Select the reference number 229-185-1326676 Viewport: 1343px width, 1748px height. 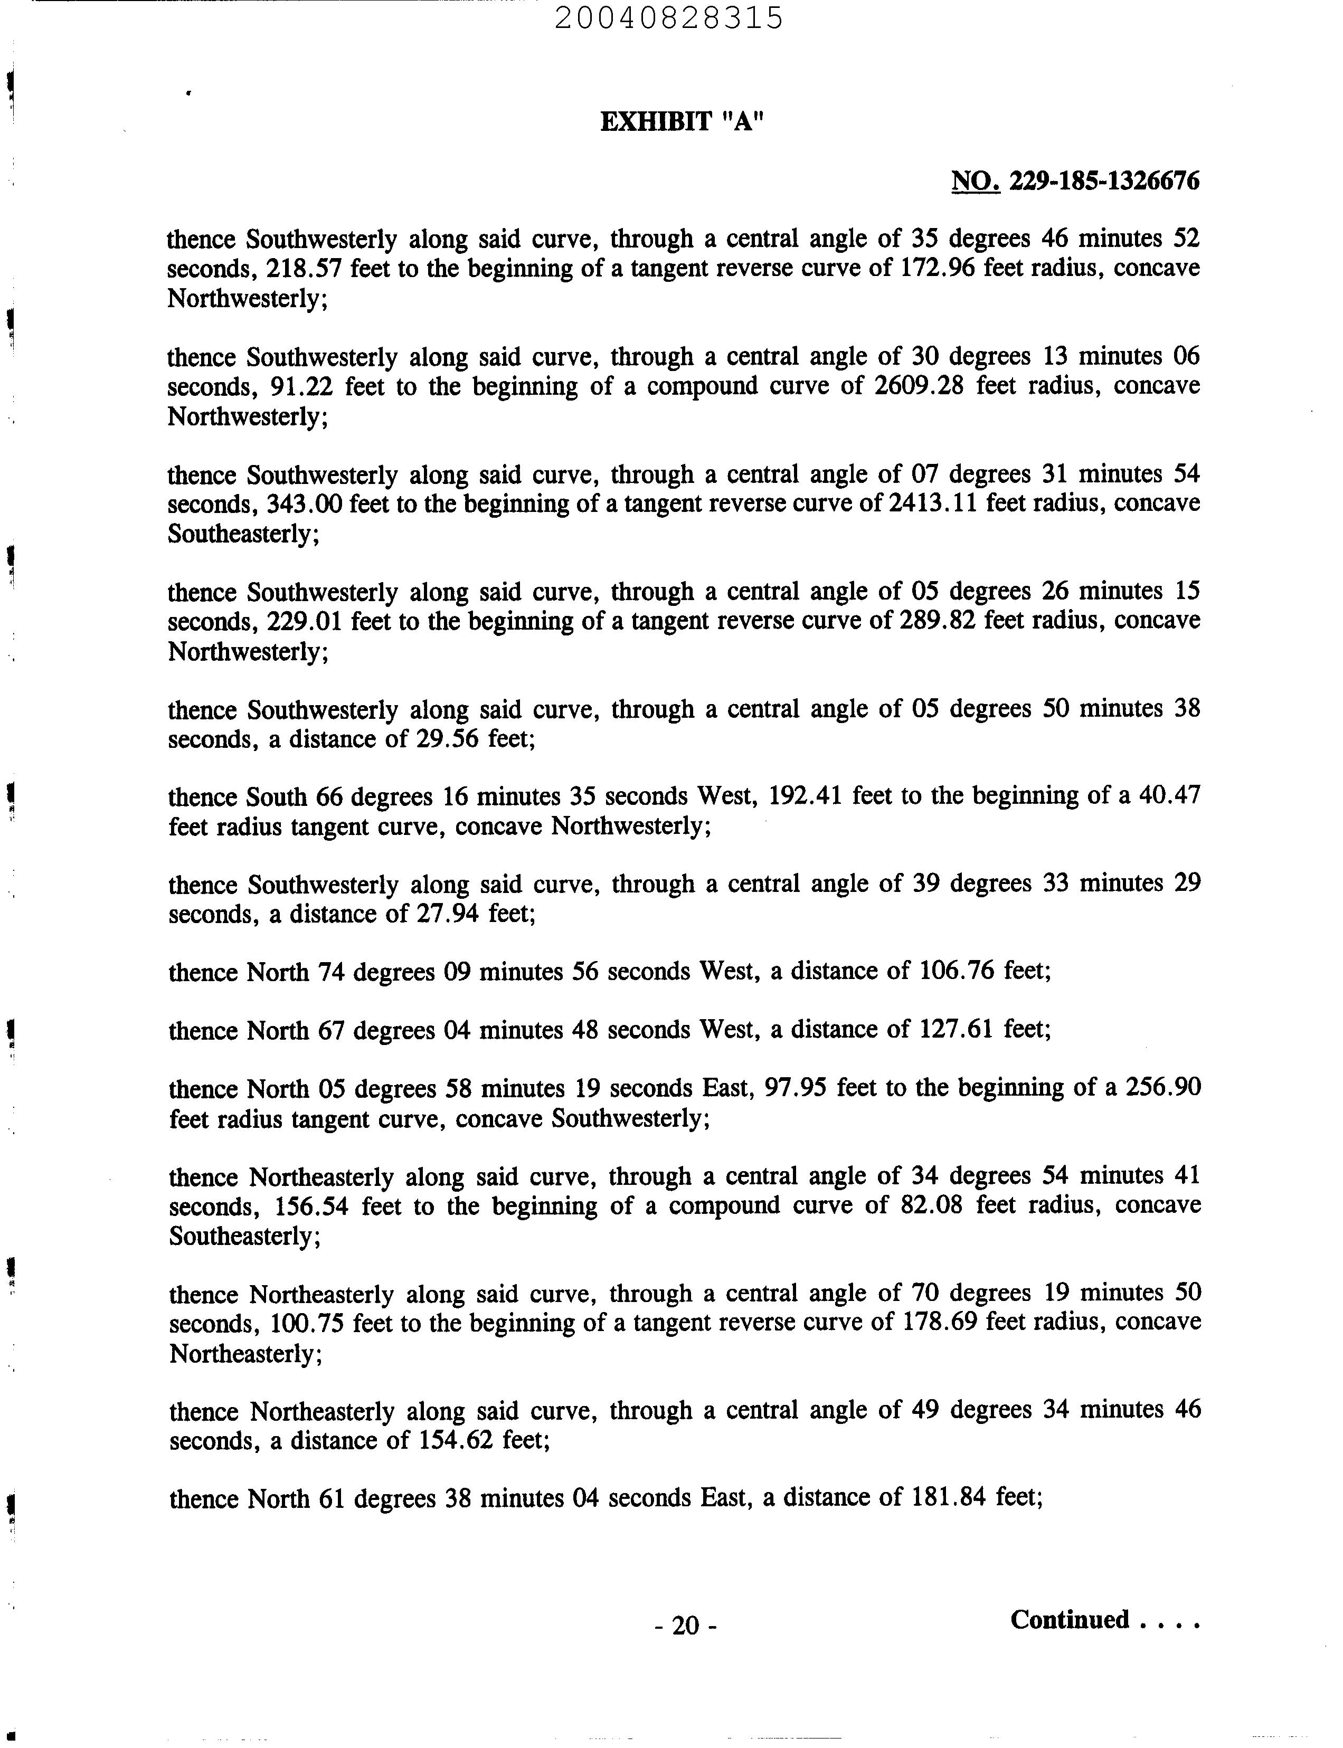tap(1104, 182)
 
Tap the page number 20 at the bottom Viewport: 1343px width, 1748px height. tap(685, 1626)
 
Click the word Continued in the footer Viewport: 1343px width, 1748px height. tap(1070, 1619)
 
